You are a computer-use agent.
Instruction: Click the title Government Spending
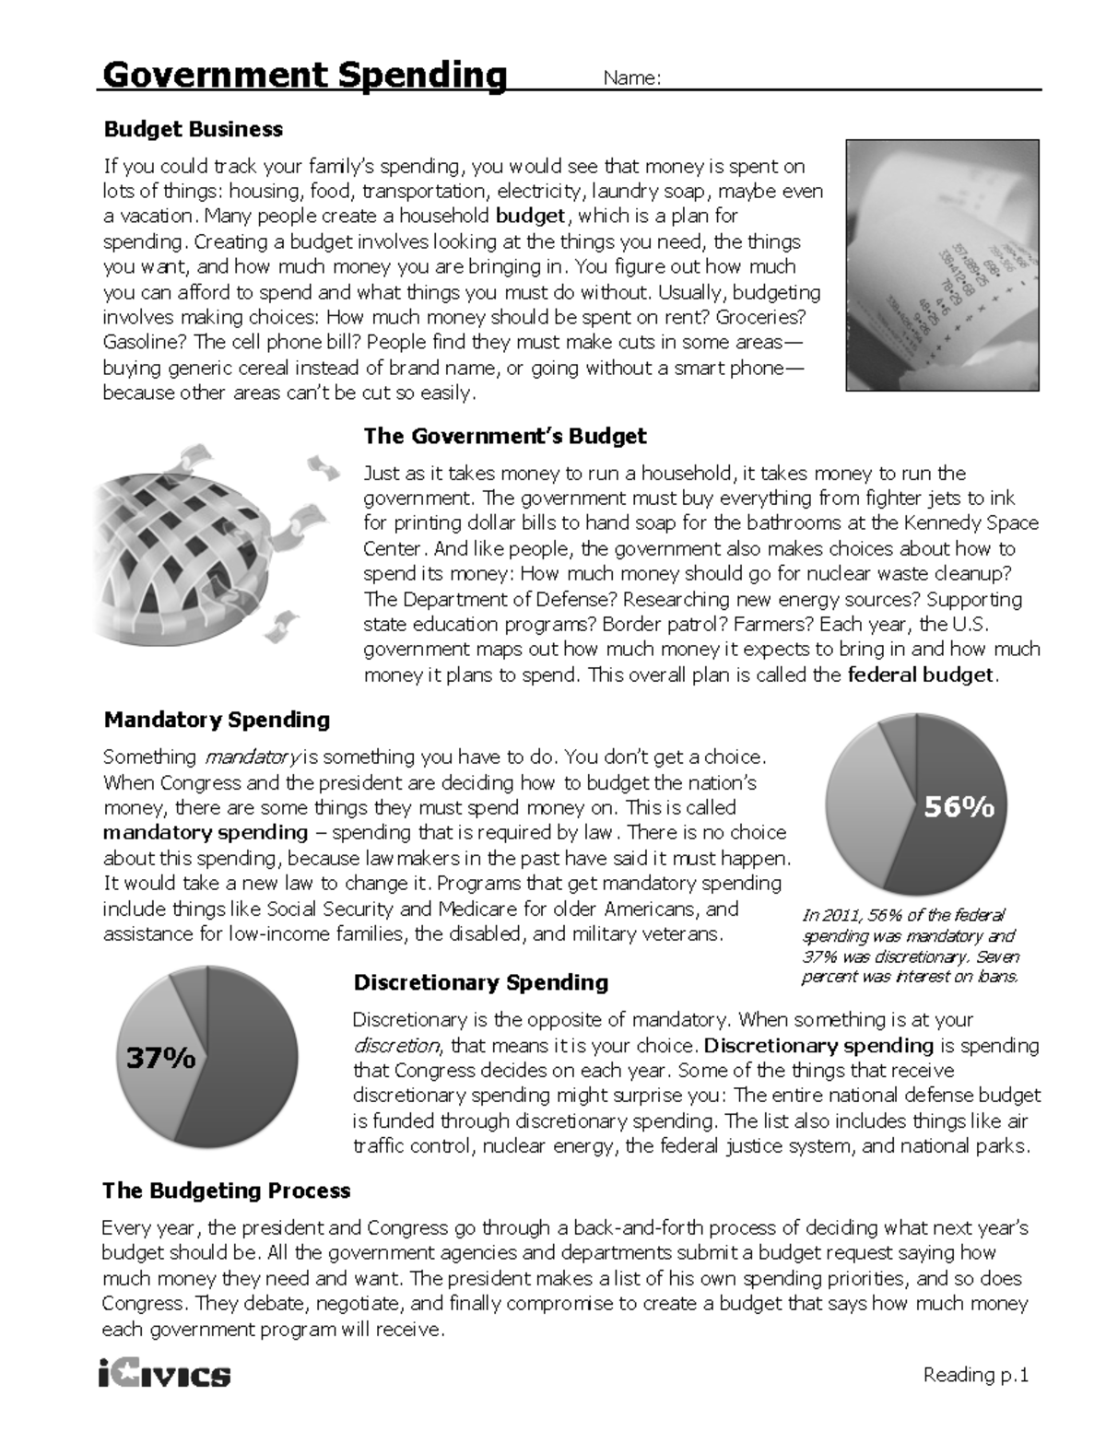(x=304, y=75)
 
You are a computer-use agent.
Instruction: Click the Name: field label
(x=631, y=78)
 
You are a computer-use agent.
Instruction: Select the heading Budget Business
(x=193, y=129)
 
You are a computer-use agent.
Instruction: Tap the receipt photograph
(x=942, y=265)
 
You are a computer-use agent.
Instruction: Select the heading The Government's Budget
(x=504, y=436)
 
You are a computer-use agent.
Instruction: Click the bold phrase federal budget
(x=920, y=674)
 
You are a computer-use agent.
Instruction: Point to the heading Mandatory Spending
(x=217, y=720)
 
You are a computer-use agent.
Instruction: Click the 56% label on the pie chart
(x=959, y=807)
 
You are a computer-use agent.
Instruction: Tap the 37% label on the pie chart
(x=161, y=1058)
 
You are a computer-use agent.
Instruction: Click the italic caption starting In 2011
(x=911, y=945)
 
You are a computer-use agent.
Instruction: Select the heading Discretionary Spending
(x=480, y=982)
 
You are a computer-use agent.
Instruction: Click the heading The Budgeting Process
(x=226, y=1191)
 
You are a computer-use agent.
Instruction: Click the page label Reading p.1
(x=975, y=1375)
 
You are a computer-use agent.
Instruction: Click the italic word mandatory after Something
(x=250, y=757)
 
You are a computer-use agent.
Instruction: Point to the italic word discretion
(x=396, y=1046)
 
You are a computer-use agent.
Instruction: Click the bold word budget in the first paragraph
(x=530, y=217)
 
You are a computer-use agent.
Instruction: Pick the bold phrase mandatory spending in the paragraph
(x=205, y=833)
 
